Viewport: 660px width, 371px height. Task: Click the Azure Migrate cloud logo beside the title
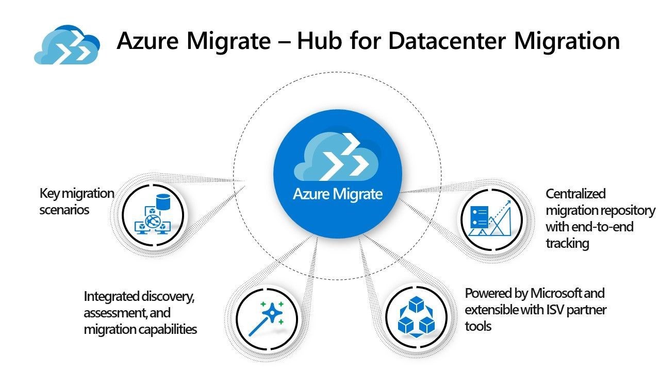[x=67, y=45]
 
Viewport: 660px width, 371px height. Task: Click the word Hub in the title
[x=320, y=41]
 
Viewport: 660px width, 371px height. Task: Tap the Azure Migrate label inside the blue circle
[x=338, y=194]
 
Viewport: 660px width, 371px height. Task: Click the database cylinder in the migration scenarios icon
[x=162, y=202]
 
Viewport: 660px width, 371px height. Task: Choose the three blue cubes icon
[x=416, y=317]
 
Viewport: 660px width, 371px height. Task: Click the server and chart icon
[x=490, y=218]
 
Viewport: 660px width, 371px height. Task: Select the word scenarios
[x=64, y=210]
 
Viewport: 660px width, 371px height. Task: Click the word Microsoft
[x=556, y=293]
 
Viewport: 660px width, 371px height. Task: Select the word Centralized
[x=575, y=194]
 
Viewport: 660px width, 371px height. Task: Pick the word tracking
[x=567, y=244]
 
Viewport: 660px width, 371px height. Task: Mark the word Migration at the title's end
[x=567, y=41]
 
